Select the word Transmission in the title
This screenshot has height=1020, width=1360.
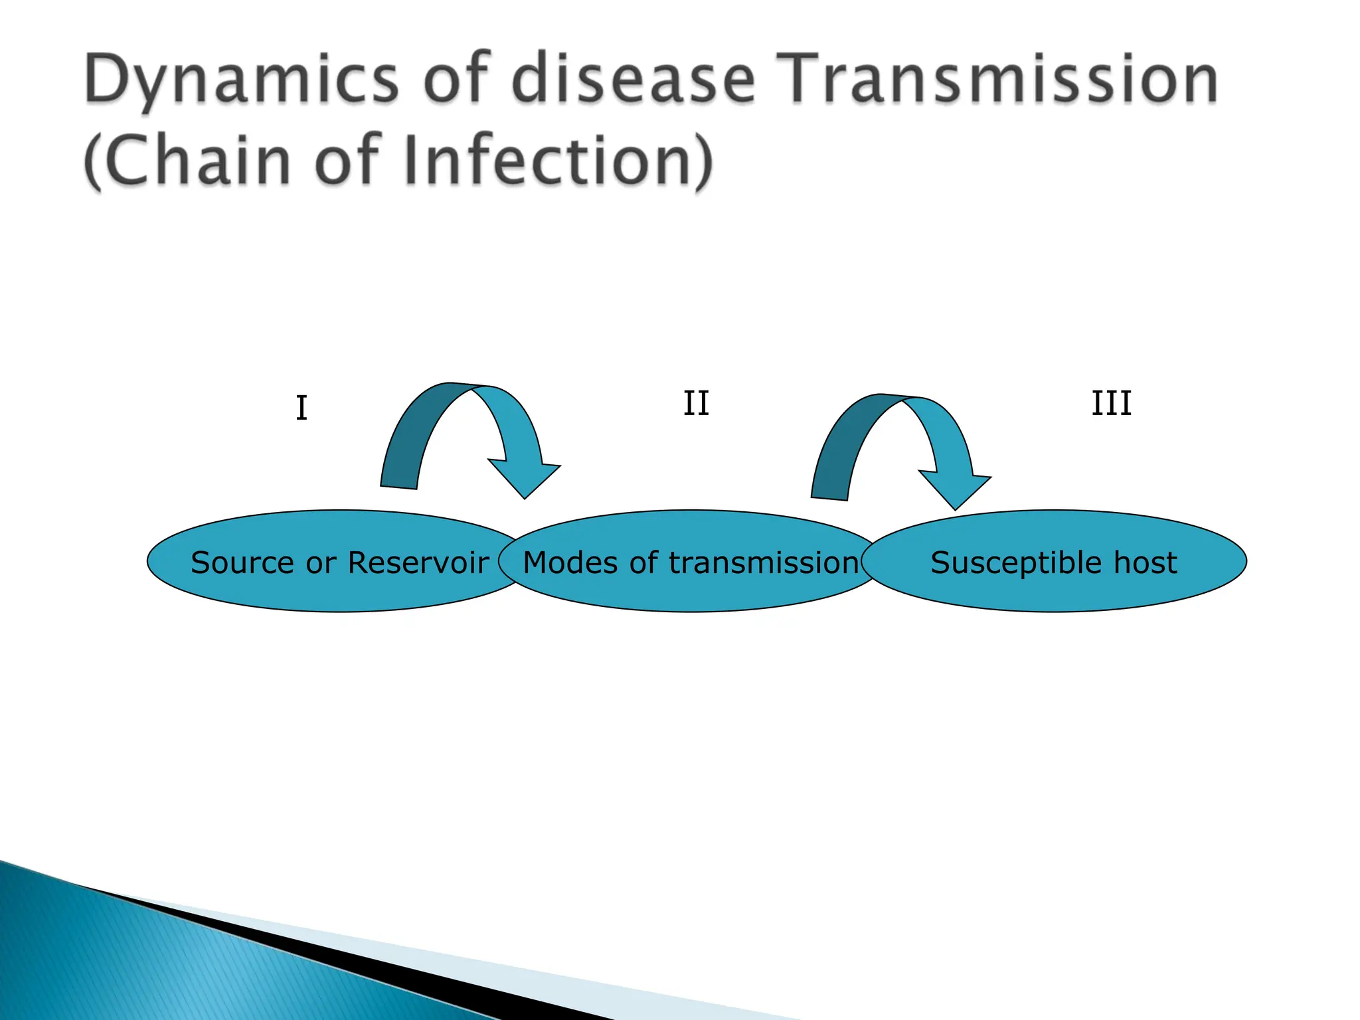(996, 80)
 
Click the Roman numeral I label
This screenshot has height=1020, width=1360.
(301, 408)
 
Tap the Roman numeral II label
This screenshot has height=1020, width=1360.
(696, 404)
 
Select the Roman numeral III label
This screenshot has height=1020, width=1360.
(1111, 404)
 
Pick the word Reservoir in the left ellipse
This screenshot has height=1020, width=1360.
(418, 563)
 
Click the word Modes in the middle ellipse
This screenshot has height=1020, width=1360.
(572, 563)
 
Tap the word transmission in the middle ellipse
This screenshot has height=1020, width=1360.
(764, 563)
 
